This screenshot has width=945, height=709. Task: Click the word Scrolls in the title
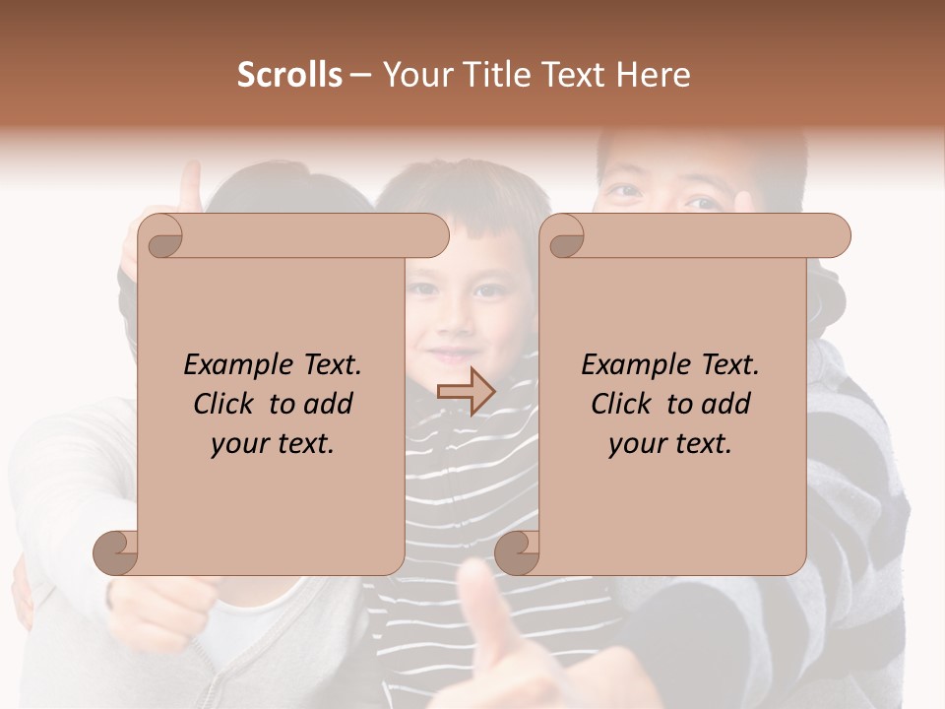coord(289,75)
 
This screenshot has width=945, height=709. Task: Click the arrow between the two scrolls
coord(466,393)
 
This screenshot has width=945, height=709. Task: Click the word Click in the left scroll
coord(222,404)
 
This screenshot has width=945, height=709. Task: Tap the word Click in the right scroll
coord(620,404)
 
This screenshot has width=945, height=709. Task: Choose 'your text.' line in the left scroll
coord(273,443)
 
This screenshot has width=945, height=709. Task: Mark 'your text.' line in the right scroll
coord(670,443)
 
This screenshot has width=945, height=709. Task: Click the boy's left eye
coord(489,291)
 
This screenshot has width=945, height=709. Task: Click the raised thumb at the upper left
coord(189,187)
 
